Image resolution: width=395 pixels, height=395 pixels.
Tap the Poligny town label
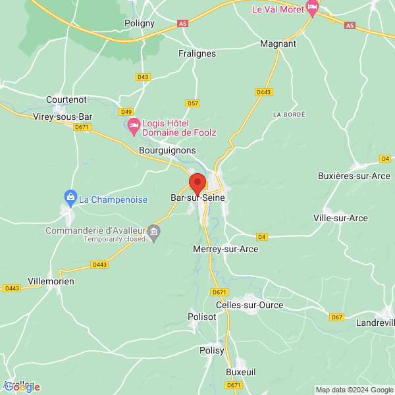click(x=139, y=23)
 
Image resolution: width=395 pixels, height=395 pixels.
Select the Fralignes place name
click(x=198, y=54)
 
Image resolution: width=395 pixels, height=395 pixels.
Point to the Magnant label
click(x=278, y=43)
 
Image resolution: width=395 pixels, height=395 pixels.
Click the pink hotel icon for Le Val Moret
click(x=312, y=8)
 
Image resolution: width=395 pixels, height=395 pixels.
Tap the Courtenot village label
click(x=66, y=99)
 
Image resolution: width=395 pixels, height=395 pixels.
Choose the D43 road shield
click(x=143, y=77)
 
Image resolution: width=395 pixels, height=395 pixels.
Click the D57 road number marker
click(x=192, y=103)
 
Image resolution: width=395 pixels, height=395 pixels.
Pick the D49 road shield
click(x=126, y=111)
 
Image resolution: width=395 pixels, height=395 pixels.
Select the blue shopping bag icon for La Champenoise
click(x=70, y=196)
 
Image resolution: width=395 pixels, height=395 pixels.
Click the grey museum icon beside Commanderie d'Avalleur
click(x=153, y=231)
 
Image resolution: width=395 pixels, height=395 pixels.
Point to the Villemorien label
click(x=51, y=281)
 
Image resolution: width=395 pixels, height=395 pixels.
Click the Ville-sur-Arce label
click(x=341, y=218)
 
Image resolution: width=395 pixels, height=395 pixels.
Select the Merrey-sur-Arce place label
click(x=226, y=250)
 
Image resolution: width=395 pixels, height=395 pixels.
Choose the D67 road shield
click(x=337, y=317)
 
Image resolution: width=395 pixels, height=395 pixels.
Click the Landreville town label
click(x=375, y=323)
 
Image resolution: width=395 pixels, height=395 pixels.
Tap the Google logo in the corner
click(x=22, y=387)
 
